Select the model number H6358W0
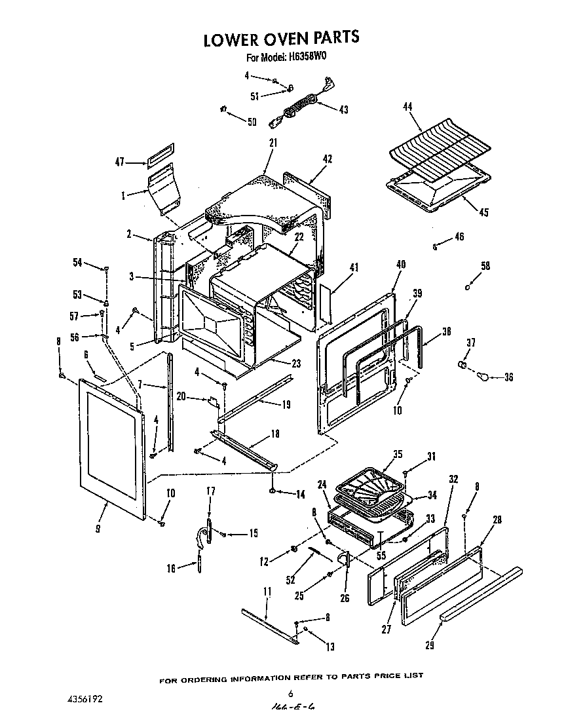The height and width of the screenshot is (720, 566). pos(307,57)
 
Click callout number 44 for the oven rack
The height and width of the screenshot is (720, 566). pos(407,106)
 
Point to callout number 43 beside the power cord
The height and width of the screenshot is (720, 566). pos(343,109)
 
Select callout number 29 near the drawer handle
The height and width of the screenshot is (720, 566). pos(430,645)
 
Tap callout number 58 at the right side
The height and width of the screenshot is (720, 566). pos(485,266)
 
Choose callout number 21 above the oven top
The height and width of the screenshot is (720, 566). pos(273,142)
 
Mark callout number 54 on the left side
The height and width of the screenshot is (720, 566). pos(78,262)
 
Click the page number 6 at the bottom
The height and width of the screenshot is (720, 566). pos(290,693)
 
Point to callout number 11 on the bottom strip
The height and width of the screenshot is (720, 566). pos(267,592)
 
